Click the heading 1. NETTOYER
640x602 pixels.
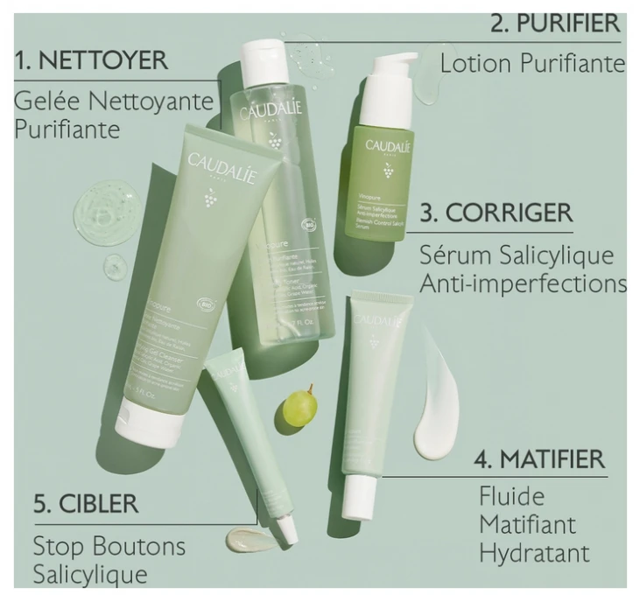pyautogui.click(x=91, y=61)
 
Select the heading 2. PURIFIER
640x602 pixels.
pyautogui.click(x=555, y=23)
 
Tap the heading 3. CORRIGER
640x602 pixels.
pyautogui.click(x=496, y=213)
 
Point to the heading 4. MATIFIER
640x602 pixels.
pyautogui.click(x=539, y=459)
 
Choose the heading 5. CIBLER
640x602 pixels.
pyautogui.click(x=86, y=505)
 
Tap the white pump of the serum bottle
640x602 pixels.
pyautogui.click(x=391, y=69)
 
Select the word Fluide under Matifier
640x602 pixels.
pyautogui.click(x=511, y=498)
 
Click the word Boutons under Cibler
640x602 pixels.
pyautogui.click(x=141, y=547)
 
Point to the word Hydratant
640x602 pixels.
pyautogui.click(x=534, y=554)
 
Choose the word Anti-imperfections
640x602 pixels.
pyautogui.click(x=523, y=284)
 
